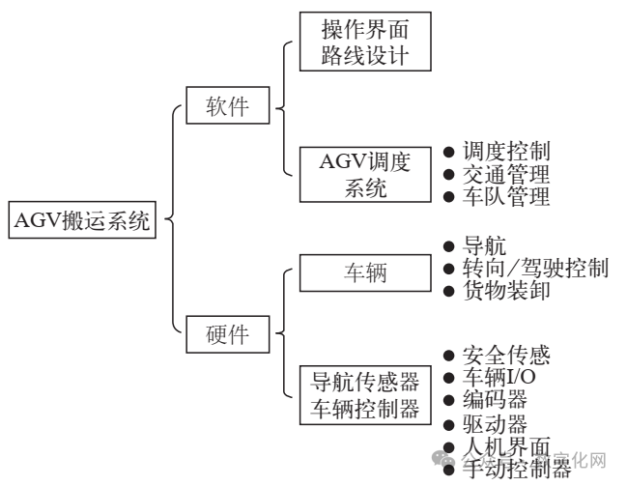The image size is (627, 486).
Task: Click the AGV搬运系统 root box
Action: pyautogui.click(x=81, y=220)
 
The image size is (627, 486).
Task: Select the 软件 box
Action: pyautogui.click(x=227, y=107)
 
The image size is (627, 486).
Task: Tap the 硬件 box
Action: pyautogui.click(x=227, y=335)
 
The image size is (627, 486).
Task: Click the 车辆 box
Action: pyautogui.click(x=364, y=272)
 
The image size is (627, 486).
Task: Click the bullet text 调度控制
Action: pyautogui.click(x=506, y=152)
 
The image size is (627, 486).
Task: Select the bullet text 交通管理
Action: pyautogui.click(x=506, y=175)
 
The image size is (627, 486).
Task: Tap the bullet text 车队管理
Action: pyautogui.click(x=506, y=198)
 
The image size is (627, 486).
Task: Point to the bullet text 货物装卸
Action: pyautogui.click(x=506, y=291)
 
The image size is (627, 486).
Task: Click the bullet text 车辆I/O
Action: pyautogui.click(x=499, y=377)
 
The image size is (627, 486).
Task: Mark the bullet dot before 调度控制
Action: pyautogui.click(x=449, y=153)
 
